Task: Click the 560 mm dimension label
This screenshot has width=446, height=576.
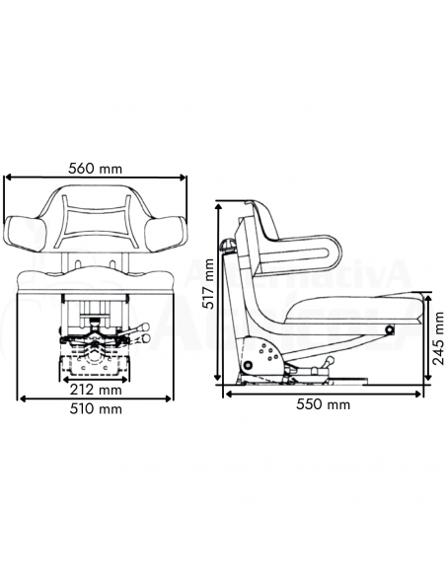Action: click(96, 168)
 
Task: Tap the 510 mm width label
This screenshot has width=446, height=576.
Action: click(96, 409)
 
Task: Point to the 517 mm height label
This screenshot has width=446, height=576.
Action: click(207, 285)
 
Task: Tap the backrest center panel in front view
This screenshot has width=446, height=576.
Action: click(97, 222)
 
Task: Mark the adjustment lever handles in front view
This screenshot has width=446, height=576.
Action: click(143, 333)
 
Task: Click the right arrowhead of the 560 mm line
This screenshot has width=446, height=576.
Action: click(184, 180)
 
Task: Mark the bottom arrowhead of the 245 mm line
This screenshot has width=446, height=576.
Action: click(428, 386)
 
